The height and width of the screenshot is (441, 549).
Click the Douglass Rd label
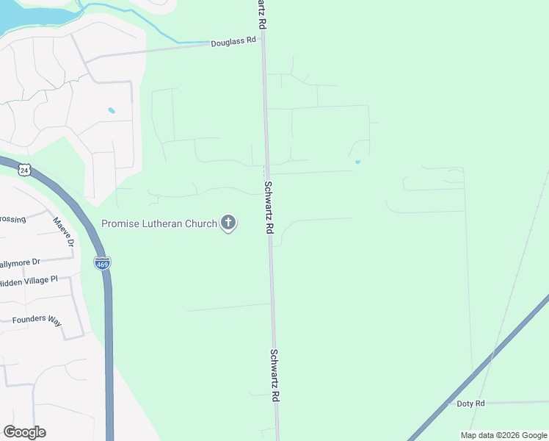pos(233,42)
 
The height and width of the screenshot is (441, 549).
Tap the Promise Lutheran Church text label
pos(159,223)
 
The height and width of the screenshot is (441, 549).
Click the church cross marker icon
pos(228,222)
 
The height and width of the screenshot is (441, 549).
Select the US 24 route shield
pos(25,170)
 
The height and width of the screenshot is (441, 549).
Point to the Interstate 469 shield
pos(102,262)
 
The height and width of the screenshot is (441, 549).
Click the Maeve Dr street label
pos(63,231)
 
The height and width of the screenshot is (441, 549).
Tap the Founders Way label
pos(37,320)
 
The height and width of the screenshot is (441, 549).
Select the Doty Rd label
pos(470,404)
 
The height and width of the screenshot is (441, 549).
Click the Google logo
pos(24,432)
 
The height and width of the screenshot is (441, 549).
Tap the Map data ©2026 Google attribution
pos(504,435)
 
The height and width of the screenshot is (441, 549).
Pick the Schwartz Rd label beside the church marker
pos(269,207)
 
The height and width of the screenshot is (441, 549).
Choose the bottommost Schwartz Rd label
pos(275,374)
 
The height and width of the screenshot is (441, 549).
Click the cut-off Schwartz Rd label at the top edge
pos(261,14)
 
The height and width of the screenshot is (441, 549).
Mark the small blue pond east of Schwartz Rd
pos(357,162)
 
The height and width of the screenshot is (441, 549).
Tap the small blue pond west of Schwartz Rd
pos(112,110)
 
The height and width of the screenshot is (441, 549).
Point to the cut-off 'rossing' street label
pos(13,219)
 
